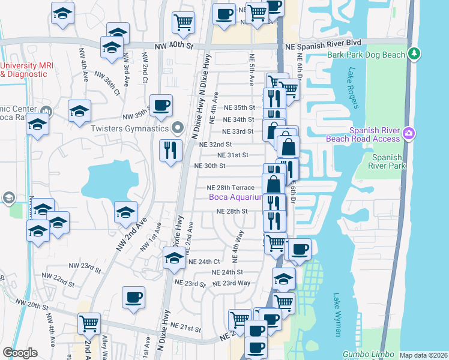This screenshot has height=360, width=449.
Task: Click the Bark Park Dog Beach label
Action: (x=365, y=55)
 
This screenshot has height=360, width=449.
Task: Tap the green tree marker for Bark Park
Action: (x=414, y=54)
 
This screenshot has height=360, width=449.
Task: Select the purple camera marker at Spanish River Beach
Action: (x=408, y=133)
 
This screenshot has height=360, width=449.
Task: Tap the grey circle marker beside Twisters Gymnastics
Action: (x=177, y=127)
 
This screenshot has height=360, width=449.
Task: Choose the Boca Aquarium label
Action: (x=236, y=197)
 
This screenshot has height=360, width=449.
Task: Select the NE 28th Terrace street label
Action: (x=235, y=188)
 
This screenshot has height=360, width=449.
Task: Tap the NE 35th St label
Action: (x=240, y=107)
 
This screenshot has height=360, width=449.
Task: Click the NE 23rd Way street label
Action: (x=231, y=283)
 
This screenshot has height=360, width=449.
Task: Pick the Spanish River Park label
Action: (x=385, y=161)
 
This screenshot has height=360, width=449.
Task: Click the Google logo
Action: (x=20, y=353)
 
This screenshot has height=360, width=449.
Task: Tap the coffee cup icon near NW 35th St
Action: (x=161, y=106)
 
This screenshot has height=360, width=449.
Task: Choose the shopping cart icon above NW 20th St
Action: (x=89, y=324)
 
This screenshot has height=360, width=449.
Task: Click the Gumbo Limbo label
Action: (x=369, y=355)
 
